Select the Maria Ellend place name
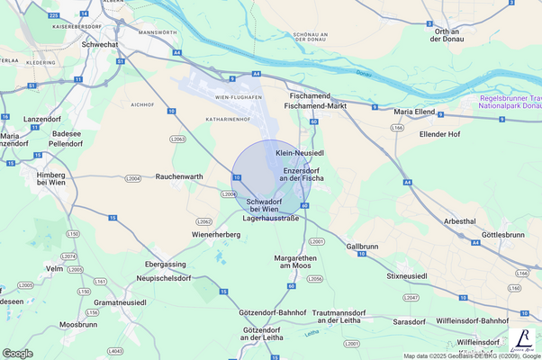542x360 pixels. pos(415,112)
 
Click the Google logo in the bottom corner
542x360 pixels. pos(18,353)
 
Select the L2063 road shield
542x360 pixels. pos(177,139)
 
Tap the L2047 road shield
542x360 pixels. pos(411,297)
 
